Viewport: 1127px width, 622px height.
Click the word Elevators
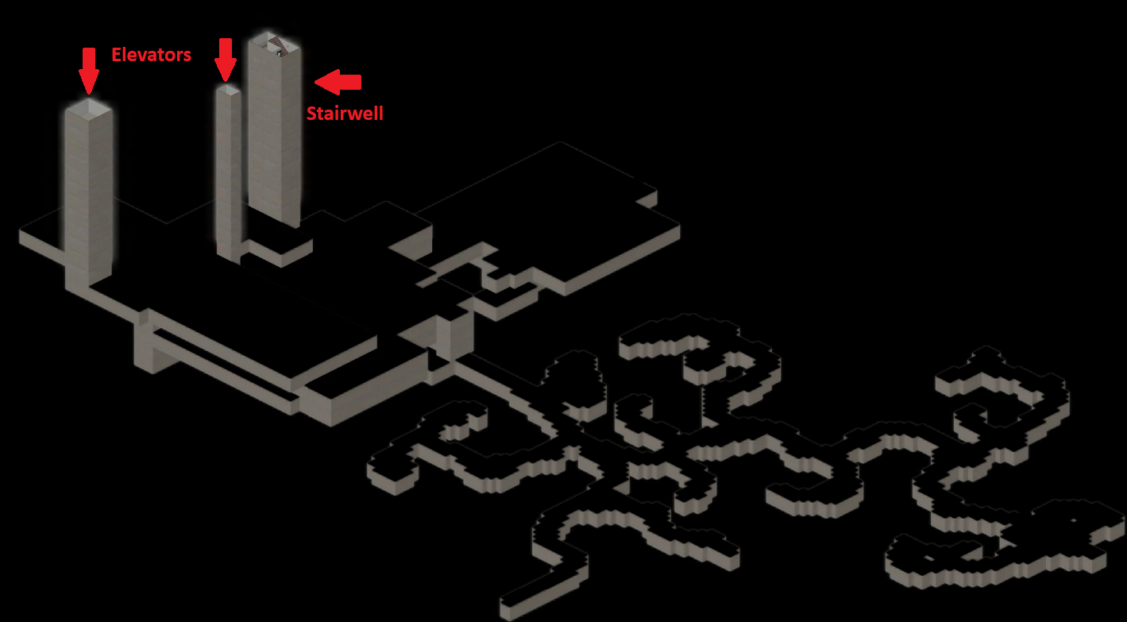pyautogui.click(x=151, y=54)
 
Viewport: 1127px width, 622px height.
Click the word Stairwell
pyautogui.click(x=345, y=114)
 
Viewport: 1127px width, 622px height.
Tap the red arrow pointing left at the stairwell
pyautogui.click(x=338, y=82)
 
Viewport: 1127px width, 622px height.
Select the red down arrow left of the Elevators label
pyautogui.click(x=89, y=71)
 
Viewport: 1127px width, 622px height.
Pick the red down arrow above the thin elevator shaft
pyautogui.click(x=226, y=60)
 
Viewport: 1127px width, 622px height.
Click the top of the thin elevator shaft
pyautogui.click(x=229, y=90)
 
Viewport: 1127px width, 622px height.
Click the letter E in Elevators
pyautogui.click(x=116, y=54)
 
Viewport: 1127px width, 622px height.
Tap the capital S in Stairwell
pyautogui.click(x=311, y=114)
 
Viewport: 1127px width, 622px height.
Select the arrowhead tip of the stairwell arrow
pyautogui.click(x=315, y=82)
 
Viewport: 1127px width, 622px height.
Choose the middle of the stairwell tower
pyautogui.click(x=275, y=131)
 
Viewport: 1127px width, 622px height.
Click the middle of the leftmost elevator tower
pyautogui.click(x=88, y=196)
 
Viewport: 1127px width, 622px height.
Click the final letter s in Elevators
pyautogui.click(x=187, y=56)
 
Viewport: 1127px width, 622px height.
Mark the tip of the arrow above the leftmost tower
pyautogui.click(x=89, y=94)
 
